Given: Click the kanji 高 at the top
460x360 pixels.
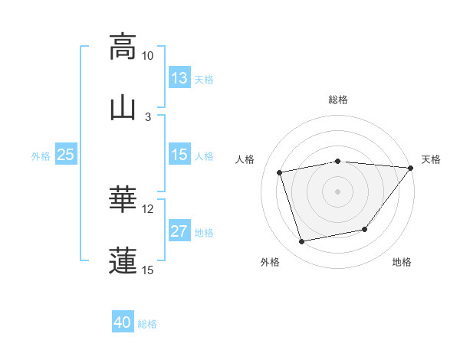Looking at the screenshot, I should (123, 47).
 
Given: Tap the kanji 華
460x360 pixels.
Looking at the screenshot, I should (123, 199).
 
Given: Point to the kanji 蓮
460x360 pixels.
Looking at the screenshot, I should (123, 260).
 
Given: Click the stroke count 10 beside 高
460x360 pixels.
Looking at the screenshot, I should (148, 56).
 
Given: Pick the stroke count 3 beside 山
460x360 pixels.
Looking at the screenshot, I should (148, 116).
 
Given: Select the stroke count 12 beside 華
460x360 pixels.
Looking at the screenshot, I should (148, 208).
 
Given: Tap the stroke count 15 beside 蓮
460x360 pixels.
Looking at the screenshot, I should (148, 270).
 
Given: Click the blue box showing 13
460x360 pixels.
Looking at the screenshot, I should (179, 78).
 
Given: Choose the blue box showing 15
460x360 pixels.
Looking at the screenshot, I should (179, 155).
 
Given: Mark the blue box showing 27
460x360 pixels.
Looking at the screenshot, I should (179, 231).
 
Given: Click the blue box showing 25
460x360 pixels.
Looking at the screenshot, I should (66, 155).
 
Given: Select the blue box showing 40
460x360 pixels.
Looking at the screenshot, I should (123, 323).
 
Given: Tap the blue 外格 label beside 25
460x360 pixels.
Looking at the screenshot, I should (41, 155).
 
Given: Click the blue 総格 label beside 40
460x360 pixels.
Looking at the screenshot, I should (147, 324).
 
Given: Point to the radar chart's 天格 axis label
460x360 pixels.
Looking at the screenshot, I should (432, 159).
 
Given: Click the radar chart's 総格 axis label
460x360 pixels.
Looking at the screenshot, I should (338, 100).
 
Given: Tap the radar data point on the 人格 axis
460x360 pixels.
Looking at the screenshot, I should (280, 172).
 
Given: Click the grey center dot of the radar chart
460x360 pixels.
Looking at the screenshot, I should (338, 191).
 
